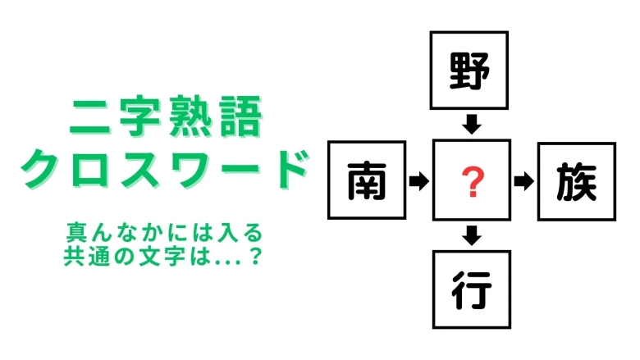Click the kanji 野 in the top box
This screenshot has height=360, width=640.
pos(469,71)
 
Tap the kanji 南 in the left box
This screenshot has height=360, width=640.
pos(367,180)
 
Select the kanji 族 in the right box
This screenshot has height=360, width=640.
pos(576,181)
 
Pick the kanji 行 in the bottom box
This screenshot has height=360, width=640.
pos(472,289)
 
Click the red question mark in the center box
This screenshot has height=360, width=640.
pos(473,182)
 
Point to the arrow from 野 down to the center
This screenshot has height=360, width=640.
pos(472,125)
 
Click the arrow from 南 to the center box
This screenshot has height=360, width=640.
pos(419,180)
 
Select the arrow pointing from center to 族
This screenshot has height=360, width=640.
pos(524,181)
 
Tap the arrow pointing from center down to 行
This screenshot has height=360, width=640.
pos(472,235)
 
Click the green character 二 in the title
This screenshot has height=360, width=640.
pos(89,117)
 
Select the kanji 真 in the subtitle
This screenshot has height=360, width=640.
pos(76,232)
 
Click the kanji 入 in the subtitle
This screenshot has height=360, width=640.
pos(227,232)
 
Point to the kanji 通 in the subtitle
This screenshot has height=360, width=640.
pos(98,256)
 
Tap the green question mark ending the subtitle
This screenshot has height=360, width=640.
pos(255,256)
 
